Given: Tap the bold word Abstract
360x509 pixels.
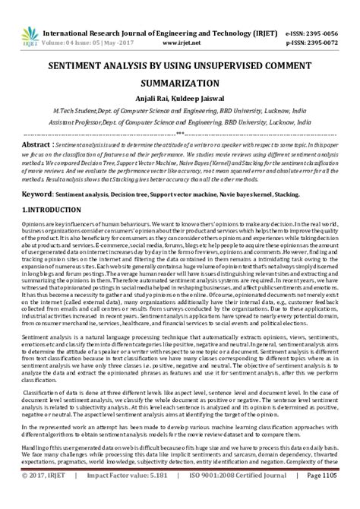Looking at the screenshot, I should (36, 143).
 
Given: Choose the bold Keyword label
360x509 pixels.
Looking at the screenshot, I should (39, 194).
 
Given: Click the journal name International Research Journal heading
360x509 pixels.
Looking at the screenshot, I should (122, 34).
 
